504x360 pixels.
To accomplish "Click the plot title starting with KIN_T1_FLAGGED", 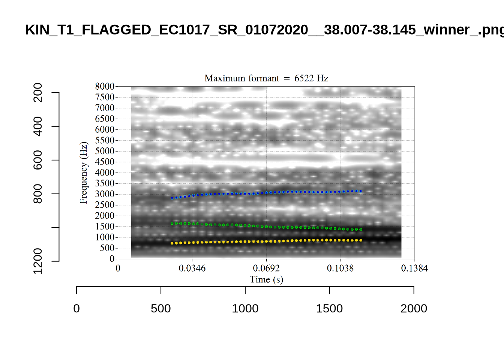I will pyautogui.click(x=262, y=30).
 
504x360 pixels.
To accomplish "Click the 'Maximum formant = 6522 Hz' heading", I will pyautogui.click(x=266, y=78).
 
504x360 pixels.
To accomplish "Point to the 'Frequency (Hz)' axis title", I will pyautogui.click(x=84, y=172).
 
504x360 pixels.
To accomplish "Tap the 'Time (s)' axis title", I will pyautogui.click(x=266, y=280).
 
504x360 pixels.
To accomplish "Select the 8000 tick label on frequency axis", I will pyautogui.click(x=105, y=87).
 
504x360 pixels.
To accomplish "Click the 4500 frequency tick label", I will pyautogui.click(x=105, y=162).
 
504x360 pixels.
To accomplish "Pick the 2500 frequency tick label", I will pyautogui.click(x=105, y=205).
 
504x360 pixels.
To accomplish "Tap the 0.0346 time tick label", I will pyautogui.click(x=192, y=268).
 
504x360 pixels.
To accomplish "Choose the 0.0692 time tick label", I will pyautogui.click(x=266, y=268).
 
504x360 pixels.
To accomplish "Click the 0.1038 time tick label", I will pyautogui.click(x=340, y=268).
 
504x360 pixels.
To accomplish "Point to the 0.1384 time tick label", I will pyautogui.click(x=414, y=268).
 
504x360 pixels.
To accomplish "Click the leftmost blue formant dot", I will pyautogui.click(x=172, y=198).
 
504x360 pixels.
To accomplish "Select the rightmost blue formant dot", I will pyautogui.click(x=361, y=191).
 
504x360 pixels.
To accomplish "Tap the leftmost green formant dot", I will pyautogui.click(x=172, y=223).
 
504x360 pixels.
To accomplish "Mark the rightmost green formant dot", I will pyautogui.click(x=361, y=229).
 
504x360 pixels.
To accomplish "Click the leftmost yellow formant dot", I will pyautogui.click(x=172, y=243).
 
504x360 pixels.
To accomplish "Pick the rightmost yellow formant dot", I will pyautogui.click(x=361, y=240).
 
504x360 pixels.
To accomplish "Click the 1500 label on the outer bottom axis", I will pyautogui.click(x=329, y=309).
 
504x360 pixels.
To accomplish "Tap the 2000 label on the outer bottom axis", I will pyautogui.click(x=414, y=309).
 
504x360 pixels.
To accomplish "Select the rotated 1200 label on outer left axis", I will pyautogui.click(x=38, y=261).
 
